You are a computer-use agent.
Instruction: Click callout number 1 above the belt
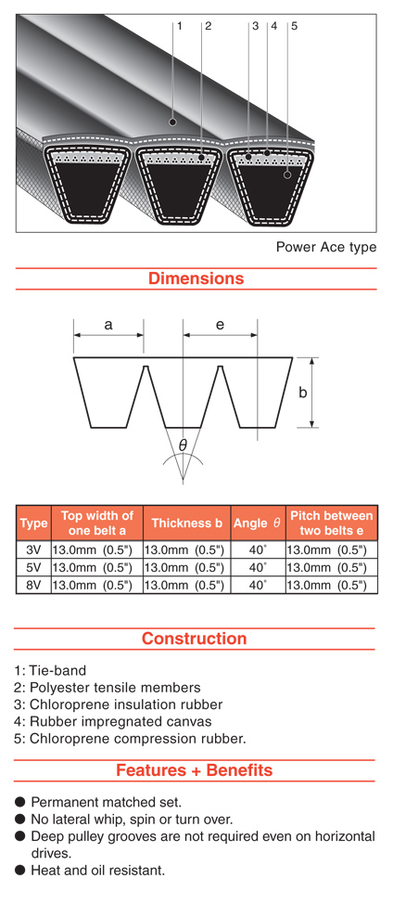click(180, 26)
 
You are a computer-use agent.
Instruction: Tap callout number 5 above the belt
click(295, 26)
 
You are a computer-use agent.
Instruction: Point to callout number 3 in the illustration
click(255, 26)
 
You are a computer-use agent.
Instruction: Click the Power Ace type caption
click(326, 247)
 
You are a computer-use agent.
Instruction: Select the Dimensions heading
click(196, 278)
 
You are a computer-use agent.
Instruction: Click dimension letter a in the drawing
click(108, 325)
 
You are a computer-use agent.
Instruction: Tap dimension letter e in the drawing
click(220, 325)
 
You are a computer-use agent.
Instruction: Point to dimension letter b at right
click(302, 392)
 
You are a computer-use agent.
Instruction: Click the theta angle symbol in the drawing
click(183, 446)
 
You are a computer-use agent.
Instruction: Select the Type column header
click(33, 523)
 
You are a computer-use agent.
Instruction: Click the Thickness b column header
click(187, 523)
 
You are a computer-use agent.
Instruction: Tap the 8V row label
click(33, 585)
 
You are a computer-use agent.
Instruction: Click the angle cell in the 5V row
click(258, 567)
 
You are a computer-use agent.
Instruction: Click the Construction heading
click(195, 638)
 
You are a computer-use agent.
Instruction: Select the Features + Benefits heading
click(195, 769)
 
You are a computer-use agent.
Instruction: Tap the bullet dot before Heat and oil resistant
click(20, 871)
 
